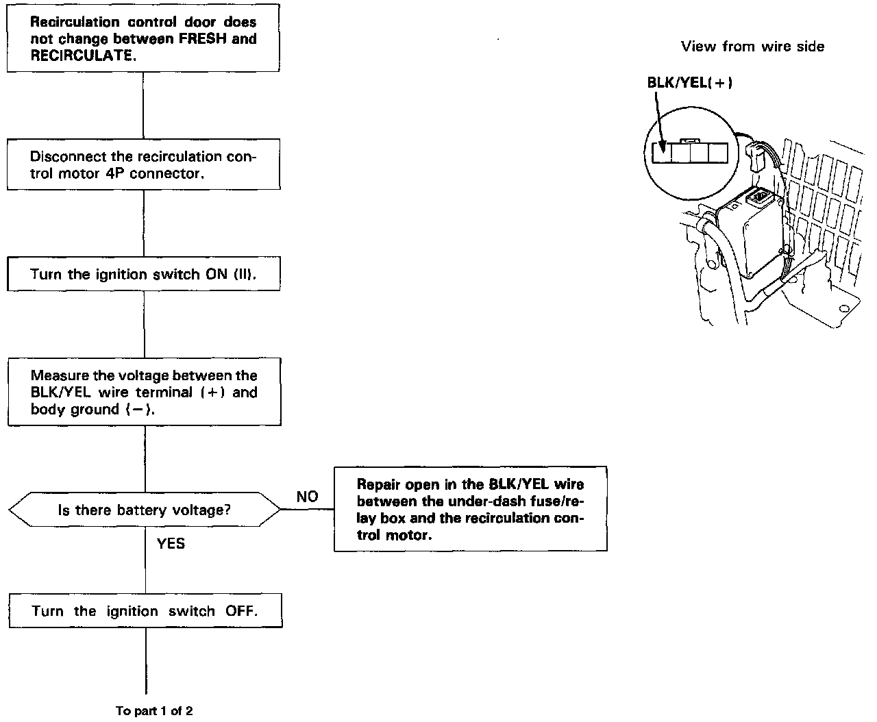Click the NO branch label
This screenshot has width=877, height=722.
click(x=307, y=497)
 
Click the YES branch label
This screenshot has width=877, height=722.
click(x=171, y=543)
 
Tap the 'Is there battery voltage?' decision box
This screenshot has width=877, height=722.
click(x=144, y=510)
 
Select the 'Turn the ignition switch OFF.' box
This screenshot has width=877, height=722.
click(x=145, y=611)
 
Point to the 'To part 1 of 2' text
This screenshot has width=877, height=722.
click(x=154, y=711)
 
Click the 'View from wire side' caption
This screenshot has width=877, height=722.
click(x=752, y=47)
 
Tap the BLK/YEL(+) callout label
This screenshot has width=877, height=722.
click(x=690, y=82)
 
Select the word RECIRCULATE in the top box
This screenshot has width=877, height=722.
click(x=81, y=55)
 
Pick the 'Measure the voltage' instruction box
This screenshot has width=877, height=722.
click(x=144, y=392)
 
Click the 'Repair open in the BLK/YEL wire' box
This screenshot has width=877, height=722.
click(x=471, y=509)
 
